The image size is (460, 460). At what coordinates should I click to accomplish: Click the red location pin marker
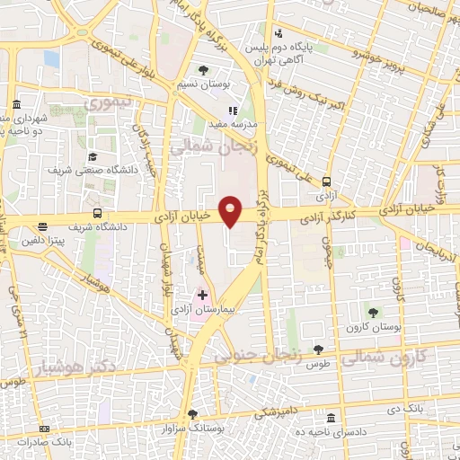click(230, 210)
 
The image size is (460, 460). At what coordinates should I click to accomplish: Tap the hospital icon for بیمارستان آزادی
click(202, 294)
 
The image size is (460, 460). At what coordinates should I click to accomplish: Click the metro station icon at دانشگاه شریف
click(96, 214)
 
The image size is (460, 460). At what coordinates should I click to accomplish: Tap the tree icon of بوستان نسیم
click(203, 69)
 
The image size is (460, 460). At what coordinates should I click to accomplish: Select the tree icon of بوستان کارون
click(373, 312)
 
